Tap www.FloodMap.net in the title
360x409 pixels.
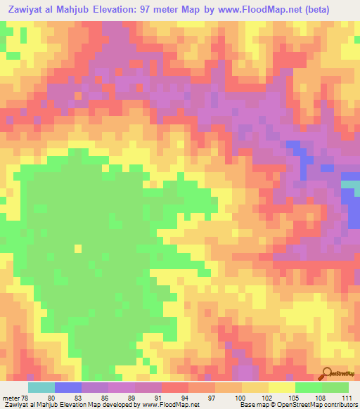point(281,11)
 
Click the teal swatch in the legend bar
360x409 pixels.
point(41,387)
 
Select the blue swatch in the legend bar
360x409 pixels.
point(68,387)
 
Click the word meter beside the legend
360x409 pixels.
point(10,397)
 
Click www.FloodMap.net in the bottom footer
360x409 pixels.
point(169,405)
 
